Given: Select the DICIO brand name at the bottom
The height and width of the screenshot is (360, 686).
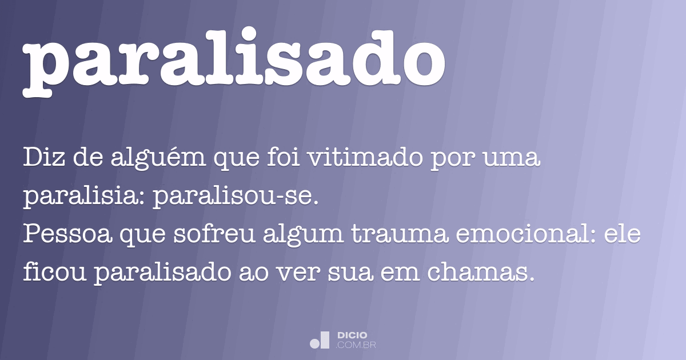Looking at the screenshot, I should coord(352,335).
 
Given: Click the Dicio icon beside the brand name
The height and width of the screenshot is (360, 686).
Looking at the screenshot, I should coord(320,339).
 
